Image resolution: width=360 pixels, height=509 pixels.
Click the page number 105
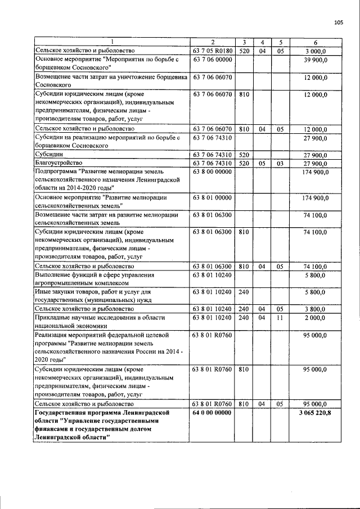point(338,22)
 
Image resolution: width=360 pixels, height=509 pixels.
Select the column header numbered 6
point(315,42)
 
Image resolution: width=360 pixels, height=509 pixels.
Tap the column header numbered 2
point(213,42)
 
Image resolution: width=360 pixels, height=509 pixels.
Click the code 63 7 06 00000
point(213,59)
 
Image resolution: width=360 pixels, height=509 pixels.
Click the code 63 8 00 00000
point(213,171)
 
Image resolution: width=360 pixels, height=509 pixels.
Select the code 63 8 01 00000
point(213,197)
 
